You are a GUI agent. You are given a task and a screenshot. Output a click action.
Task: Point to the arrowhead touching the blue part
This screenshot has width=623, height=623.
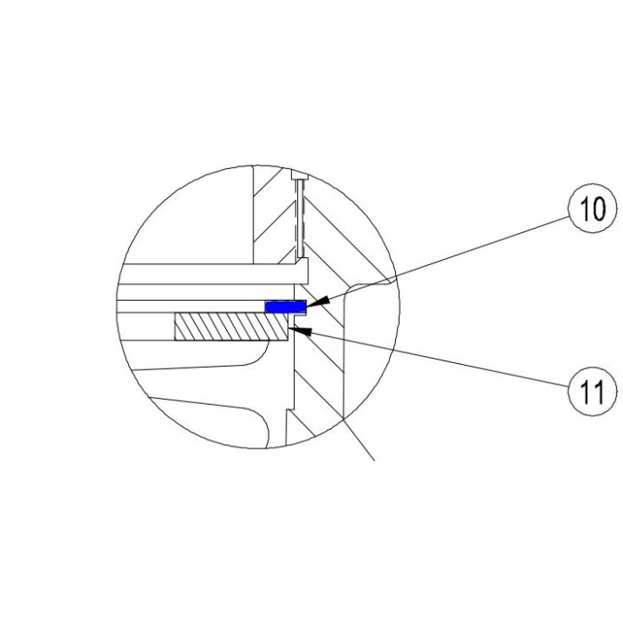pyautogui.click(x=315, y=303)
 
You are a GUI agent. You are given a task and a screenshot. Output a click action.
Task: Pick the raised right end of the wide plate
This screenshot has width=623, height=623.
pyautogui.click(x=303, y=268)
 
